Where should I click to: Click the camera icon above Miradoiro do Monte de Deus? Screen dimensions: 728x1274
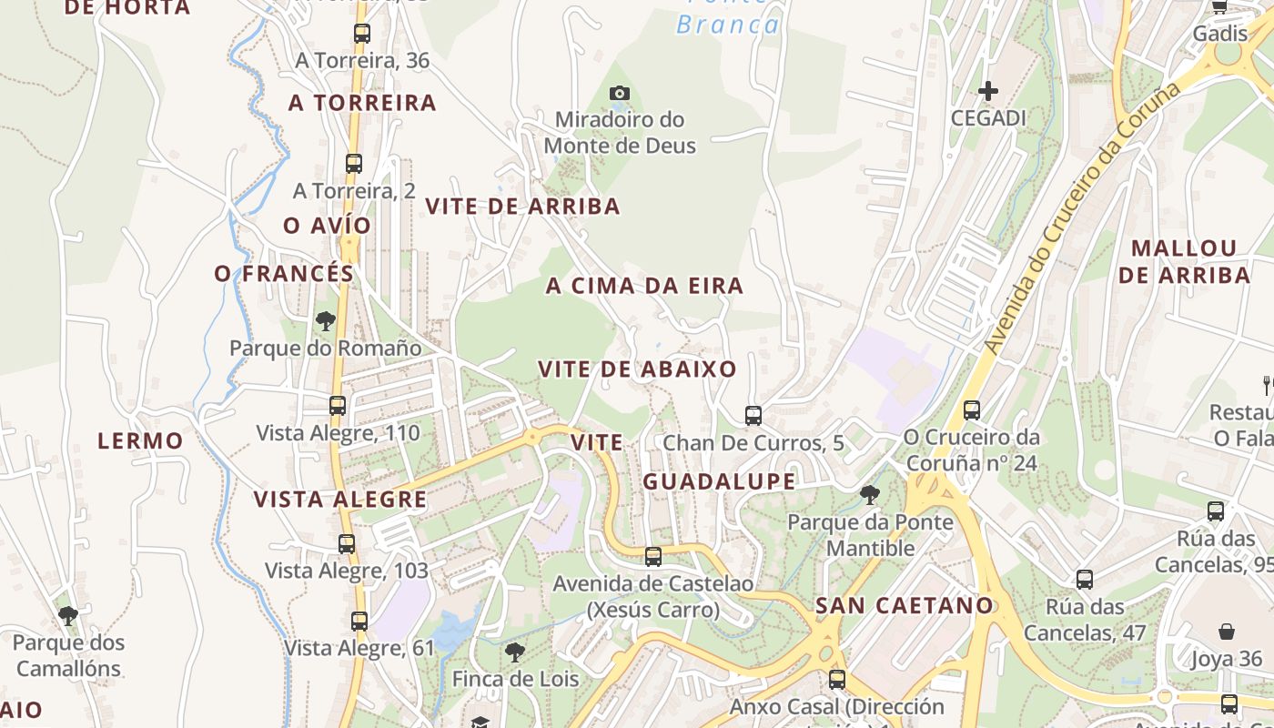pos(620,93)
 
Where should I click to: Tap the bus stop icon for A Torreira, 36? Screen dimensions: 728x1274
pos(362,34)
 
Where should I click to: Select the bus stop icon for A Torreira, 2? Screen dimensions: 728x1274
pos(354,164)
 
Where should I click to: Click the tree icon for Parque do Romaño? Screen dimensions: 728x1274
pos(325,320)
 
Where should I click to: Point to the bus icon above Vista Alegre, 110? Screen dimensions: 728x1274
pos(338,406)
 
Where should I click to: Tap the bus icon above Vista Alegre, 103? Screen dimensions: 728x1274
pos(347,544)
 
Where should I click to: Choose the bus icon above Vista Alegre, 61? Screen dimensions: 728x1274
pos(359,622)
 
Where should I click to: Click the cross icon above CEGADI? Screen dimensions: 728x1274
pos(987,91)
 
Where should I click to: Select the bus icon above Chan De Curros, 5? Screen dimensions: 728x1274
pos(753,416)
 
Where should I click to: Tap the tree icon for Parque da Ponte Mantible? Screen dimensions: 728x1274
pos(870,495)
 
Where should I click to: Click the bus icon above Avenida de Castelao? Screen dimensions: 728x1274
pos(653,557)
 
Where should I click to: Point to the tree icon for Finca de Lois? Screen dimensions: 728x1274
pos(515,652)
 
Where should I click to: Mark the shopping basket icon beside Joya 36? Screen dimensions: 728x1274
pos(1227,632)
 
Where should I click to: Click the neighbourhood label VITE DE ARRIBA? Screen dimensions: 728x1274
pos(523,207)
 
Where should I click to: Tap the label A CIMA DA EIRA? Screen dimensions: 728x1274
pos(644,287)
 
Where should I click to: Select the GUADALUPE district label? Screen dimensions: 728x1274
pos(719,482)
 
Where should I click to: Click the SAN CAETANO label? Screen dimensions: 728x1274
pos(904,606)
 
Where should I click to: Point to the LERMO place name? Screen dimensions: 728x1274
pos(140,441)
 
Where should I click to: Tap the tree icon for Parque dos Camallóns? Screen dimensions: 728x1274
pos(68,616)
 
